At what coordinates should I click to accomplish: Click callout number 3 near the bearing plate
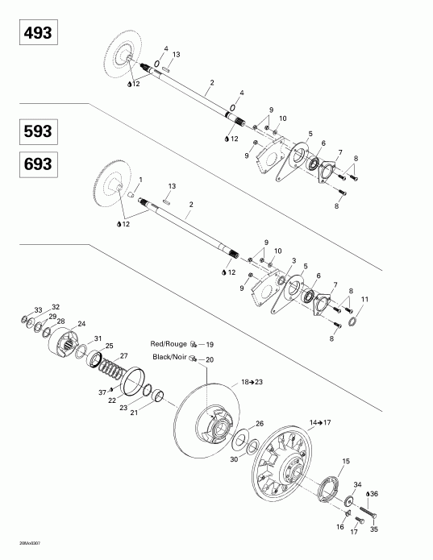pos(294,261)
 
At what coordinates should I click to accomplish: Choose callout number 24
pos(81,324)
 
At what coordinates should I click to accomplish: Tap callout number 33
pos(38,309)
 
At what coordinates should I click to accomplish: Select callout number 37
pos(102,392)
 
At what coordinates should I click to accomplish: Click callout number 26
pos(259,423)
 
